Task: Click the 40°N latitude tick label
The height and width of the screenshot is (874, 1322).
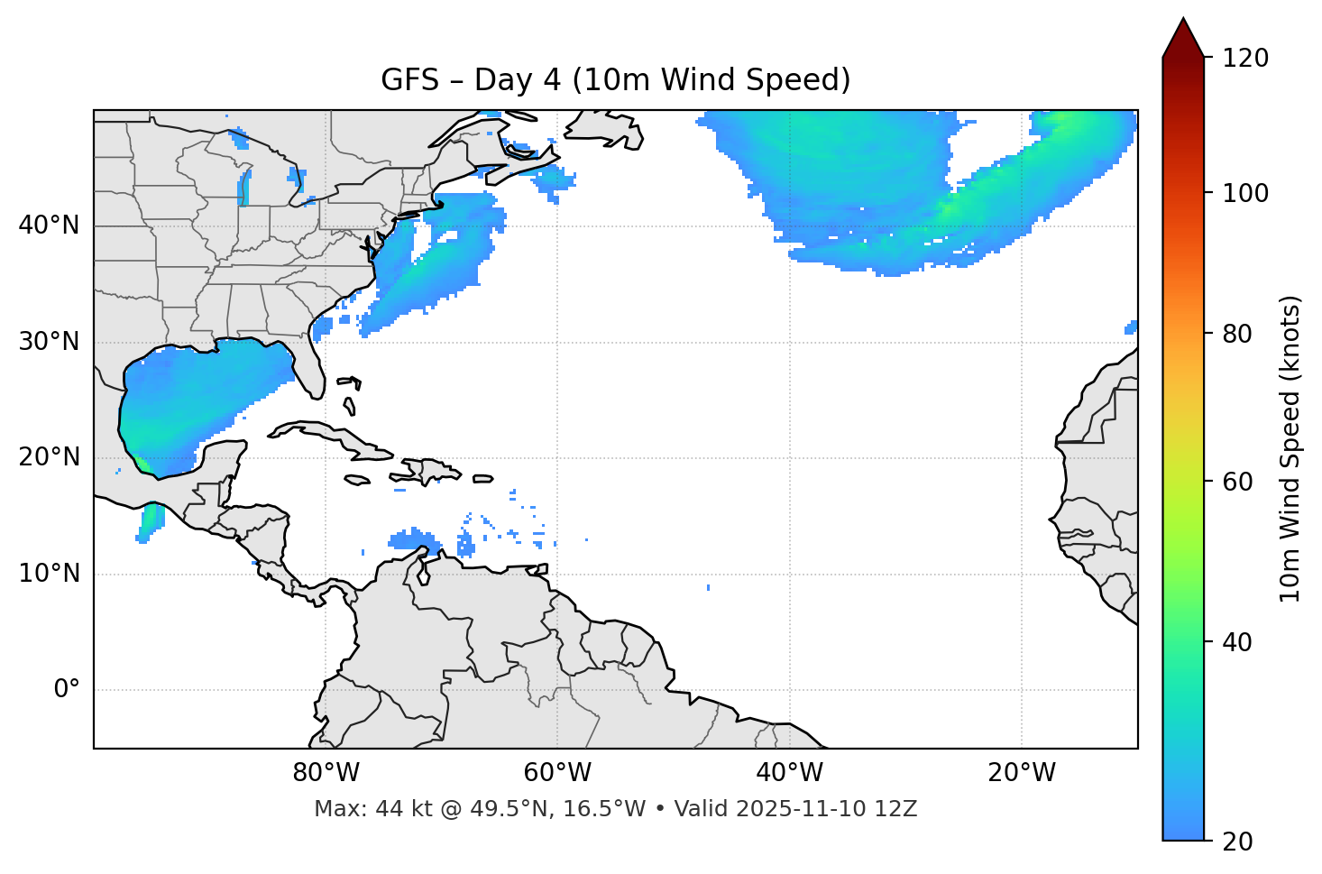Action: coord(49,225)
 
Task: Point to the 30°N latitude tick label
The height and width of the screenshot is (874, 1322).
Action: coord(49,342)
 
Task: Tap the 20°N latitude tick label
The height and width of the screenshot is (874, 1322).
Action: coord(49,457)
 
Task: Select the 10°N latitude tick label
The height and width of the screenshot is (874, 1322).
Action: coord(49,574)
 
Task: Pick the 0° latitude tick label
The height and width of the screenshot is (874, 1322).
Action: coord(67,690)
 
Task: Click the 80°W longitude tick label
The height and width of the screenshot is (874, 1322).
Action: coord(326,773)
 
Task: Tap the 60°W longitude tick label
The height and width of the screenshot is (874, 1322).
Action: coord(557,773)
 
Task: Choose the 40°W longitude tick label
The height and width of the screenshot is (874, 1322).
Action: coord(790,773)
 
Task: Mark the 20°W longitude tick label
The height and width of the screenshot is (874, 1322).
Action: coord(1022,773)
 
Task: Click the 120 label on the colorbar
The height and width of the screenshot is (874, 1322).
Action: coord(1247,59)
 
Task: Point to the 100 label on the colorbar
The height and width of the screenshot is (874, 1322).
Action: coord(1247,193)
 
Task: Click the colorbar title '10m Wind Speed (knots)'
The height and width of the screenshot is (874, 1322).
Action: coord(1290,448)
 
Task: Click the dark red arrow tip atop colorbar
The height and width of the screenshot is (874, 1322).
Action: coord(1183,36)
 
